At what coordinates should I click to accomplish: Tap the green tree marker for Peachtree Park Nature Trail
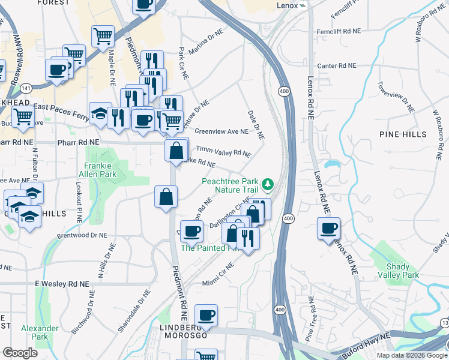[x=270, y=184]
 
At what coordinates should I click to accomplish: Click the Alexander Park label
[x=40, y=332]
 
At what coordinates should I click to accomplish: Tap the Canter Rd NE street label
[x=337, y=65]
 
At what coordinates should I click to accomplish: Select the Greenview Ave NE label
[x=221, y=131]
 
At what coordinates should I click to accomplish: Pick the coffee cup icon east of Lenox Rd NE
[x=328, y=229]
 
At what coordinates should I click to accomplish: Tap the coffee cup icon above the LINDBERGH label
[x=206, y=315]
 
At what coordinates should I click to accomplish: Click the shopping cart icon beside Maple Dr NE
[x=103, y=35]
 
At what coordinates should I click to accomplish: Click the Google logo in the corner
[x=20, y=353]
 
